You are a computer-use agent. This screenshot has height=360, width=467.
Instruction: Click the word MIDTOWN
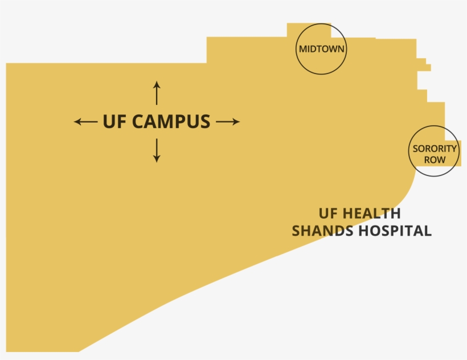pyautogui.click(x=322, y=49)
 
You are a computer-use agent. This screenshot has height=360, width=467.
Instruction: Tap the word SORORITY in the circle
pyautogui.click(x=435, y=149)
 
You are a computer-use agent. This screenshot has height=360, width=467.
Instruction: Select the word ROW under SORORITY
pyautogui.click(x=435, y=160)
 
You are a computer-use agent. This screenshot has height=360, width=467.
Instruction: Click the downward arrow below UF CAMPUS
pyautogui.click(x=157, y=151)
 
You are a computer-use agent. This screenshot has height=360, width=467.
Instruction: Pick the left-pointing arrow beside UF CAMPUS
pyautogui.click(x=85, y=121)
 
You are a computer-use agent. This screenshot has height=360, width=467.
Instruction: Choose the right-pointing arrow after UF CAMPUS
pyautogui.click(x=228, y=121)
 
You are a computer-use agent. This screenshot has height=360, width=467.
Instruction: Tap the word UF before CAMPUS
pyautogui.click(x=114, y=121)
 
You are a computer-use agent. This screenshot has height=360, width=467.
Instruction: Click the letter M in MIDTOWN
pyautogui.click(x=303, y=49)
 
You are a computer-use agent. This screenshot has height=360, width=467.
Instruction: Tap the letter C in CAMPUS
pyautogui.click(x=138, y=121)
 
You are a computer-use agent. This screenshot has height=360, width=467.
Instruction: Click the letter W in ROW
pyautogui.click(x=442, y=160)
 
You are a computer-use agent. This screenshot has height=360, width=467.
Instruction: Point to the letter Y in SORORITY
pyautogui.click(x=454, y=149)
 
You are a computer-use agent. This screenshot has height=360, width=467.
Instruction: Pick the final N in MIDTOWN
pyautogui.click(x=341, y=49)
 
